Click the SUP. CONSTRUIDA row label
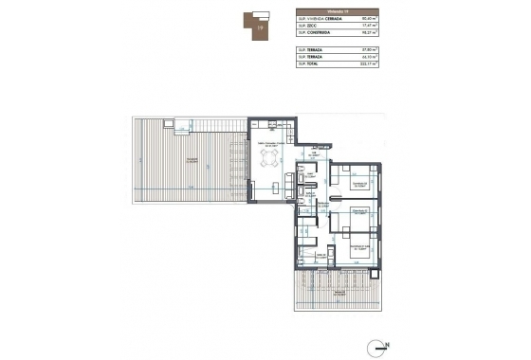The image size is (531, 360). (x=315, y=32)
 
